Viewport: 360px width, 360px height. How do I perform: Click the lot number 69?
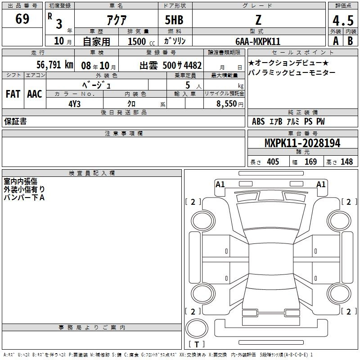coord(22,18)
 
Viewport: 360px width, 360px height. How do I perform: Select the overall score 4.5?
coord(343,20)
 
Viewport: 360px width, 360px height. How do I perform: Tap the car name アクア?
coord(117,20)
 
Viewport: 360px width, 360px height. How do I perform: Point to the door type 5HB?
coord(174,20)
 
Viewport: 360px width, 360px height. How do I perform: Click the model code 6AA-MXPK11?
coord(258,41)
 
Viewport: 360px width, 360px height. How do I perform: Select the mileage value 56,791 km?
coord(55,65)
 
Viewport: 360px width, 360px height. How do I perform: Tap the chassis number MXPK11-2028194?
coord(302,143)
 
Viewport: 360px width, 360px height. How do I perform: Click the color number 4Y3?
coord(74,104)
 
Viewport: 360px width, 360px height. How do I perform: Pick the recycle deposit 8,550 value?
coord(227,104)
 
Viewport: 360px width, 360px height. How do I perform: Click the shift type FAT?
coord(13,94)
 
